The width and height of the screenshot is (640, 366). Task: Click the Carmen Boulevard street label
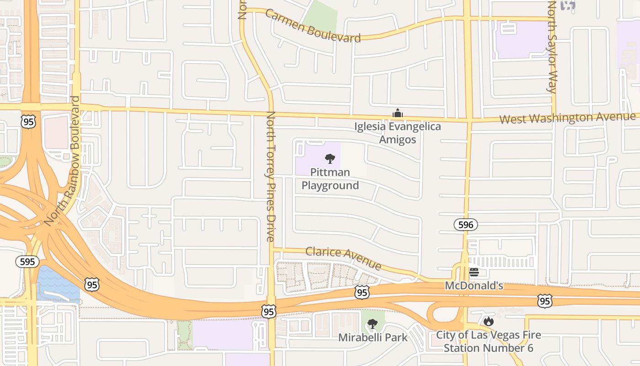[x=313, y=26]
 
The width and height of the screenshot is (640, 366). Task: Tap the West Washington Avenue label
[x=567, y=118]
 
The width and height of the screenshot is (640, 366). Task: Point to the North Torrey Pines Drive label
[x=271, y=176]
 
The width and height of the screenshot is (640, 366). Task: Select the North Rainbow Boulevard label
[x=63, y=161]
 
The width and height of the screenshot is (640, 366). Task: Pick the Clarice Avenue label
[x=343, y=258]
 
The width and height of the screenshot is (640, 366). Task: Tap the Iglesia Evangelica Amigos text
[x=398, y=133]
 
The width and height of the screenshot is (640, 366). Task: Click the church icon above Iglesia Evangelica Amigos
[x=397, y=113]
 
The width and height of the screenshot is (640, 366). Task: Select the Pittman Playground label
[x=330, y=179]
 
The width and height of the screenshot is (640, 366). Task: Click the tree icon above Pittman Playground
[x=330, y=159]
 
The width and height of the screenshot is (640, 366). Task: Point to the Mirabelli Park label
[x=373, y=338]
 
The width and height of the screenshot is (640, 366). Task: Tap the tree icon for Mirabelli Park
[x=373, y=324]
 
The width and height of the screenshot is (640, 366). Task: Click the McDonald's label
[x=474, y=286]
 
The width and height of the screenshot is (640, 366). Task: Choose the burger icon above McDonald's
[x=474, y=272]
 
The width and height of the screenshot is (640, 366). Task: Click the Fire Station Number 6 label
[x=488, y=341]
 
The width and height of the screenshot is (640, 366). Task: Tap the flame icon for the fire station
[x=489, y=322]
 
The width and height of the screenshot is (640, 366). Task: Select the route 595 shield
[x=27, y=262]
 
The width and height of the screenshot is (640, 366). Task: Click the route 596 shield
[x=466, y=225]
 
